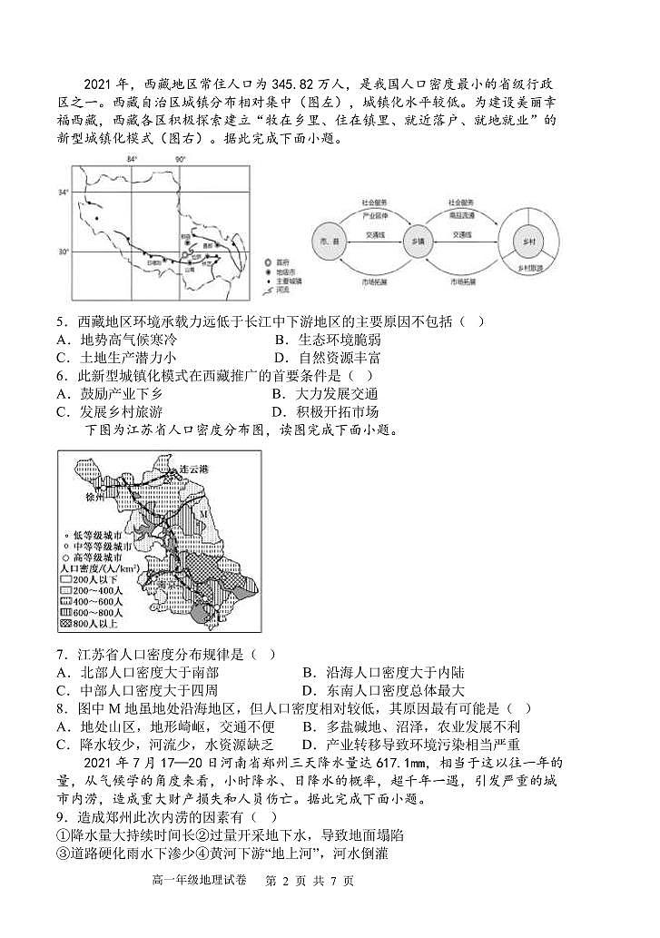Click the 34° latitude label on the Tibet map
64,193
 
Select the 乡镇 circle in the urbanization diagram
418,242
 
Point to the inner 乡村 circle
525,242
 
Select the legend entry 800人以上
99,624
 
